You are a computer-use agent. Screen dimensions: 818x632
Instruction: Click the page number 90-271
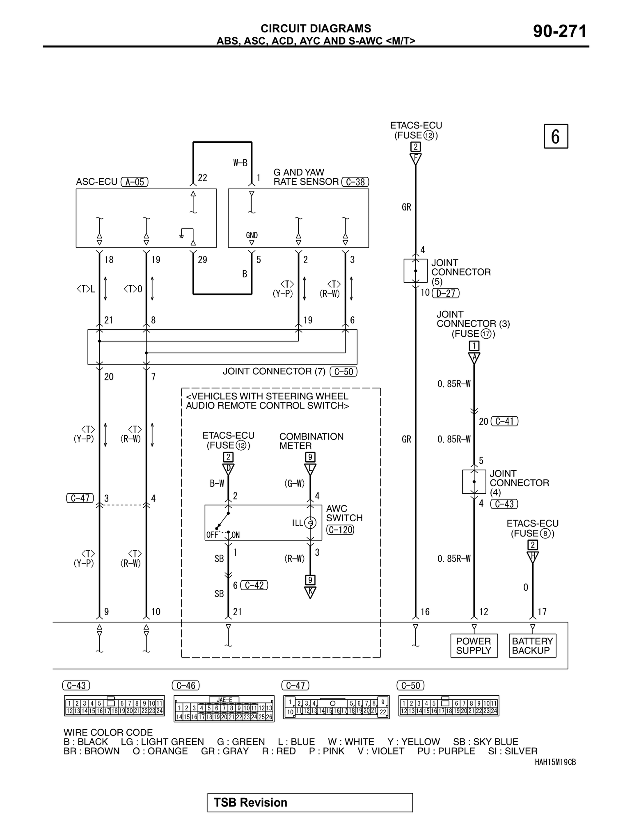tap(560, 32)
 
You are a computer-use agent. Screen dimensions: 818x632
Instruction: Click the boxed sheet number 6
tap(556, 136)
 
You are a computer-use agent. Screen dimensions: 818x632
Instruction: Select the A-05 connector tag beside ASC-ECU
tap(135, 182)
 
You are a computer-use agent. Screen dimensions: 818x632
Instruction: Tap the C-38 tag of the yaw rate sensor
tap(355, 182)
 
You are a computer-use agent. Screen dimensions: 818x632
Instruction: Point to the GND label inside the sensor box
tap(252, 235)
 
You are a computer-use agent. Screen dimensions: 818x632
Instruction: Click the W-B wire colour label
tap(240, 163)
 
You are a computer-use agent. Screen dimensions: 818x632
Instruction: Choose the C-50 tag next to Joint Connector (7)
tap(343, 371)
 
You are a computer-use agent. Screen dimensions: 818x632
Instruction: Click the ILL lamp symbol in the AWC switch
tap(311, 522)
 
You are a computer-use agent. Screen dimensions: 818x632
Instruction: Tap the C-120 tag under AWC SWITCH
tap(340, 530)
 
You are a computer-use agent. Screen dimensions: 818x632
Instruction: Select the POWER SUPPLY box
tap(474, 646)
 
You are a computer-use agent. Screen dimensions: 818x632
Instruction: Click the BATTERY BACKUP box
tap(532, 646)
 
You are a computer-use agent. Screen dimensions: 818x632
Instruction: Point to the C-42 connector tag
tap(254, 585)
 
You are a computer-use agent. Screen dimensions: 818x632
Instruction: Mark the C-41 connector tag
tap(504, 421)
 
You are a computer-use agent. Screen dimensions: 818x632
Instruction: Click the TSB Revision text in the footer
tap(251, 802)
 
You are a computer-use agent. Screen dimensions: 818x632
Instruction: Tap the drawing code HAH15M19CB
tap(555, 762)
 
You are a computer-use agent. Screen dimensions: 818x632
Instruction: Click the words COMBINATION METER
tap(311, 441)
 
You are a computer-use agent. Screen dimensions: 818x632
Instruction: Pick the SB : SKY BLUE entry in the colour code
tap(485, 742)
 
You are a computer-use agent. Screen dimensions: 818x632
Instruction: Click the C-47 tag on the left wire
tap(80, 498)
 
